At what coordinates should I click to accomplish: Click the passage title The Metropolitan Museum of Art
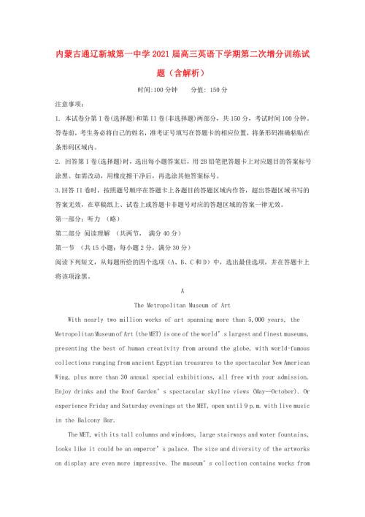tap(183, 303)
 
